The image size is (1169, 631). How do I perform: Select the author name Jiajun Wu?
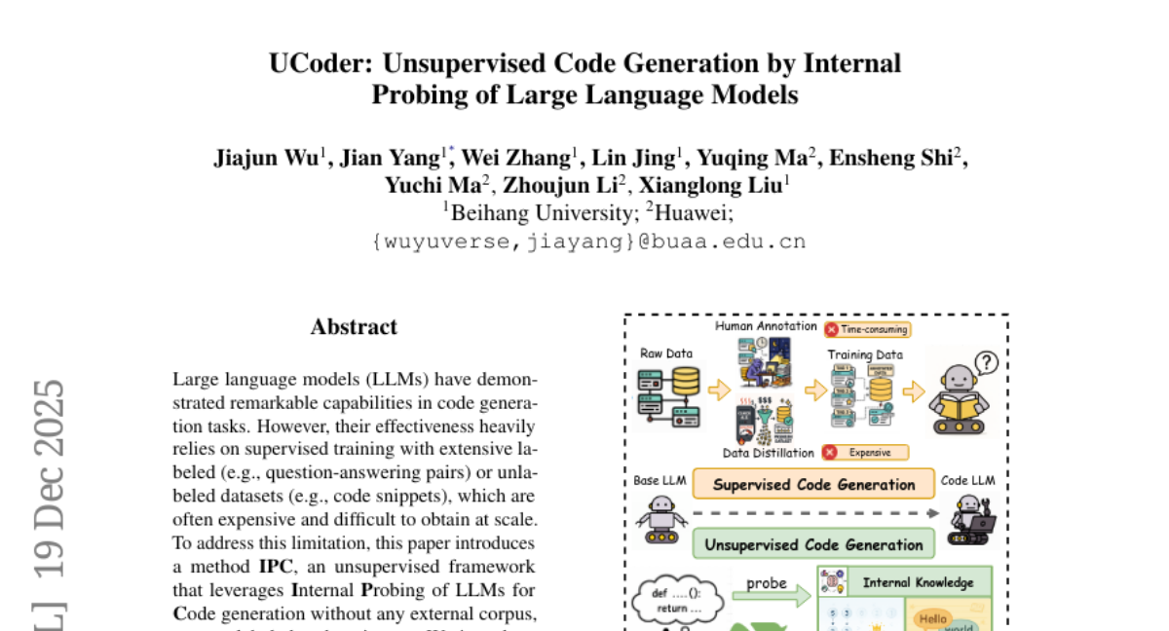pos(265,159)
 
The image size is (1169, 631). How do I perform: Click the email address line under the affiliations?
pos(588,241)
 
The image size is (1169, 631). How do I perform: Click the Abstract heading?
pos(354,327)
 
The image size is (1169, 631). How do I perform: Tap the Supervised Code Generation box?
pos(813,485)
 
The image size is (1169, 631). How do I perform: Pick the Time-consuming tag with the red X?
pos(866,330)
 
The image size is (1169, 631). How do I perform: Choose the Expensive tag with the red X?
pos(864,453)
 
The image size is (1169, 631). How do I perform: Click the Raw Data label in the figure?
pos(666,353)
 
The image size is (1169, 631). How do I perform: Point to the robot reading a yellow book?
pos(960,401)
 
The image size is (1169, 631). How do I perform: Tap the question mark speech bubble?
pos(986,363)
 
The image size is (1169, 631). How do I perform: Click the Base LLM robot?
pos(661,517)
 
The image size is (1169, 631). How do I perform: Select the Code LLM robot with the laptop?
pos(970,519)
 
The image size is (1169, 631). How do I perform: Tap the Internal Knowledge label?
pos(917,583)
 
